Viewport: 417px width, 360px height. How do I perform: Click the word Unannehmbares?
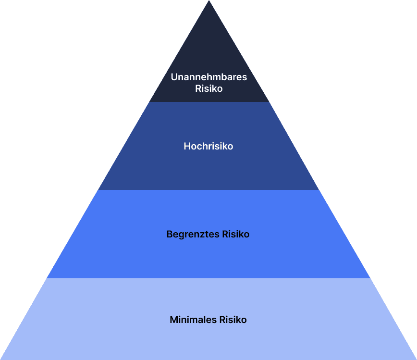pyautogui.click(x=208, y=77)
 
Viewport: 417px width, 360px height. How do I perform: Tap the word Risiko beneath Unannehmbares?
pyautogui.click(x=208, y=88)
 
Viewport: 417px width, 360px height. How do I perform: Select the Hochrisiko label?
pyautogui.click(x=208, y=146)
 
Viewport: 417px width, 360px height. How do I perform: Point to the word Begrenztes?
pyautogui.click(x=193, y=235)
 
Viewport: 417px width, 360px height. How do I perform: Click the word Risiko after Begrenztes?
pyautogui.click(x=236, y=235)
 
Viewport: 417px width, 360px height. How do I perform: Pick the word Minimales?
pyautogui.click(x=193, y=320)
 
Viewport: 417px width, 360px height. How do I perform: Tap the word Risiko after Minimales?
pyautogui.click(x=233, y=320)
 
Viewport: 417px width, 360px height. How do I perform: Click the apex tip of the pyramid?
pyautogui.click(x=208, y=1)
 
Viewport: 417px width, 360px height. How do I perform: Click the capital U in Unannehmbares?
pyautogui.click(x=174, y=77)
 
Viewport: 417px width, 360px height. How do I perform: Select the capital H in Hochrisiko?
pyautogui.click(x=187, y=146)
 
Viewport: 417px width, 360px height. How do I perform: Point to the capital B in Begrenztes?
pyautogui.click(x=170, y=235)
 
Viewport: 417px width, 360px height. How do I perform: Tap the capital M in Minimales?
pyautogui.click(x=173, y=320)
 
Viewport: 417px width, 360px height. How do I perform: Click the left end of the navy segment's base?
pyautogui.click(x=149, y=101)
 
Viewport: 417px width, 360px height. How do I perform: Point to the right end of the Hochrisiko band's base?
pyautogui.click(x=319, y=189)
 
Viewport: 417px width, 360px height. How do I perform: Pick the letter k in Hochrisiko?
pyautogui.click(x=226, y=146)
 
